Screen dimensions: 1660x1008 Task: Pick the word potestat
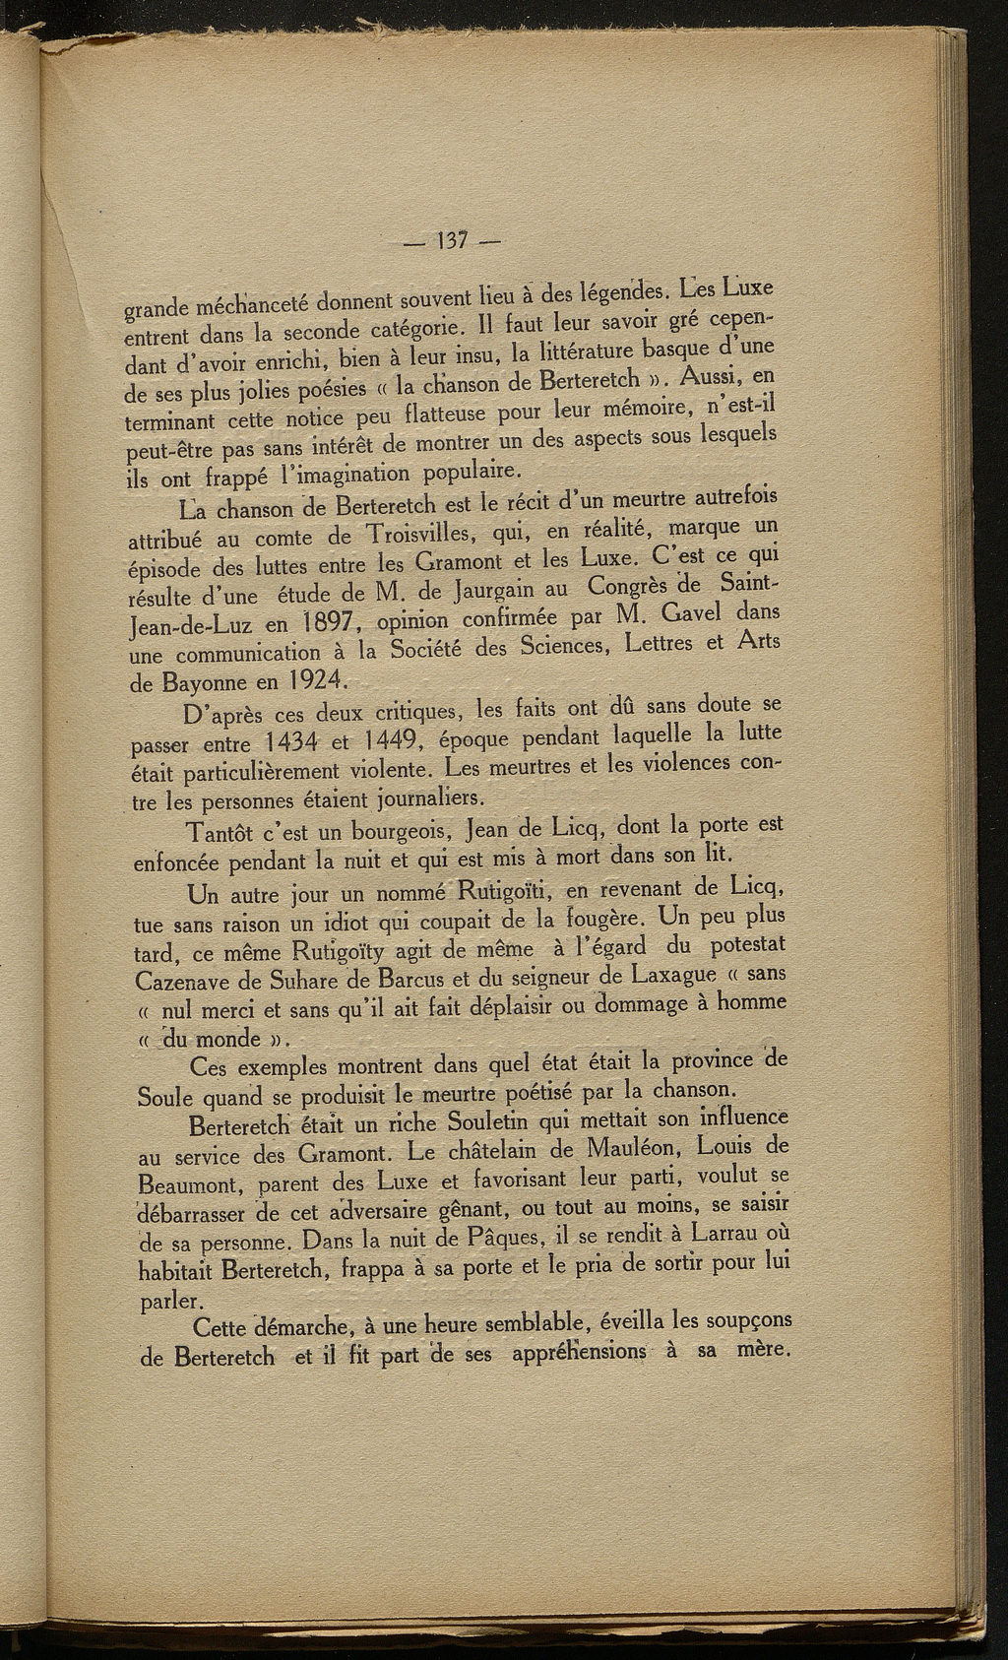click(744, 947)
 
